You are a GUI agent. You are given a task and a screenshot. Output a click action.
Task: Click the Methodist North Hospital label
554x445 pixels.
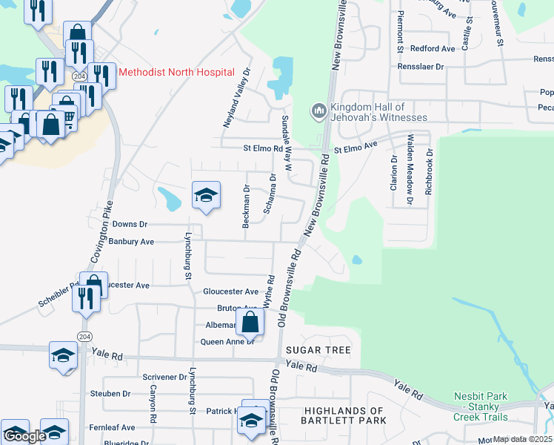click(176, 72)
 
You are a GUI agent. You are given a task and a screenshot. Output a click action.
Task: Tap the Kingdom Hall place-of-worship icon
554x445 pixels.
click(319, 111)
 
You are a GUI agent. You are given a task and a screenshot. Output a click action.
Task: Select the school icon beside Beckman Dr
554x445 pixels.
click(206, 196)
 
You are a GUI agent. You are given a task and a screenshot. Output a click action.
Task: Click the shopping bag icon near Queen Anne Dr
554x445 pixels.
click(250, 322)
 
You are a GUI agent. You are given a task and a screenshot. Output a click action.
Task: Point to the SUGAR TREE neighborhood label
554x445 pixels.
click(324, 349)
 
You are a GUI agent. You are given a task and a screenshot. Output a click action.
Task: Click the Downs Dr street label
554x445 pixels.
click(130, 224)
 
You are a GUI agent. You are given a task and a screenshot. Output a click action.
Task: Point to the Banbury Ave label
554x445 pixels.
click(130, 241)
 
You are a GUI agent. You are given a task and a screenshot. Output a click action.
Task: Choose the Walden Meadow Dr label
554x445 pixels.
click(410, 168)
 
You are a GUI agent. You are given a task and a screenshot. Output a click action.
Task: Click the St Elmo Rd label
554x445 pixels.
click(263, 148)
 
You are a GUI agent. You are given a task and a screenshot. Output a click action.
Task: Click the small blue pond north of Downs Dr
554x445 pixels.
click(169, 198)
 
